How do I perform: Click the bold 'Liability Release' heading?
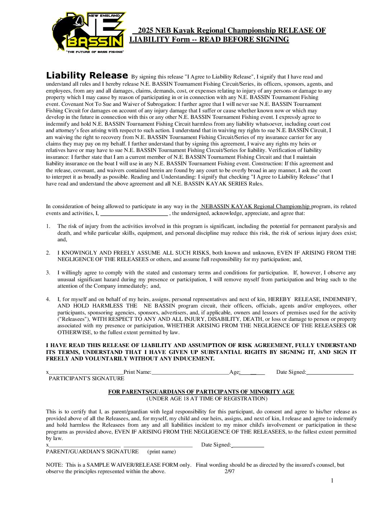pos(87,76)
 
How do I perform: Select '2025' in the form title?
pos(146,31)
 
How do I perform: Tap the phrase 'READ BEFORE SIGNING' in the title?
pos(244,40)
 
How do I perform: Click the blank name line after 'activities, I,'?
pos(134,213)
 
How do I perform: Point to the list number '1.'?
pos(48,226)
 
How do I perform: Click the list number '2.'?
pos(48,253)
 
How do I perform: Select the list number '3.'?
pos(48,273)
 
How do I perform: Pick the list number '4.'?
pos(48,299)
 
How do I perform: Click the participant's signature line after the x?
pos(86,372)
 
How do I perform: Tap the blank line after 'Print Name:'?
pos(190,372)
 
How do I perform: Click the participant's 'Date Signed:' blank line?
pos(330,372)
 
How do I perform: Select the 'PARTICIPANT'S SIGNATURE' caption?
pos(86,378)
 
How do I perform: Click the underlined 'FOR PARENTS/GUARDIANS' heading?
pos(201,392)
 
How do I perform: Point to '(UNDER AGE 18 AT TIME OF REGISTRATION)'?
pos(207,399)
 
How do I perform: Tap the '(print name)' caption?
pos(161,452)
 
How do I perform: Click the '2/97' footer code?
pos(229,471)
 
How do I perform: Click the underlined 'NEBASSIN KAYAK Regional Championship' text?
pos(255,206)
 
